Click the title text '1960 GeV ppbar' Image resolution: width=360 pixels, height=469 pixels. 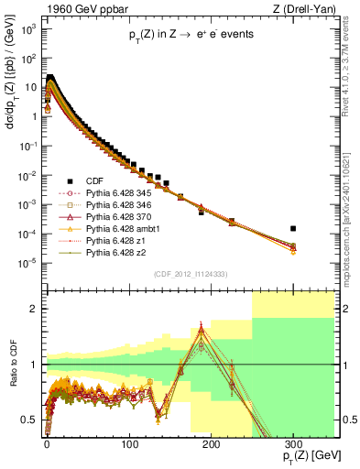tap(76, 8)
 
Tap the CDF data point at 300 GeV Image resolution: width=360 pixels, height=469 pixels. tap(293, 228)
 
